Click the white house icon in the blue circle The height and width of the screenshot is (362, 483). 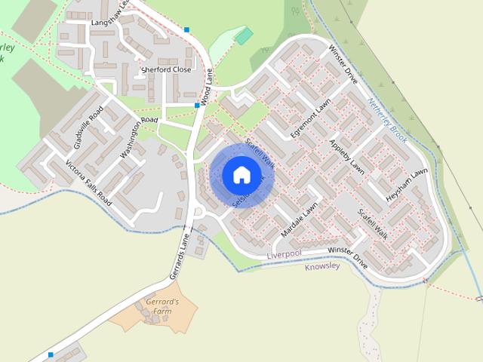(x=241, y=175)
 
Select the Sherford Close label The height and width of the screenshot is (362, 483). (x=166, y=69)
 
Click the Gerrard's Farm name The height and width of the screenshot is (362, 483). (x=160, y=305)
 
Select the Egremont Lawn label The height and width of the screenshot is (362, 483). (x=311, y=118)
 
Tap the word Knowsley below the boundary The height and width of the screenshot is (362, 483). (x=322, y=266)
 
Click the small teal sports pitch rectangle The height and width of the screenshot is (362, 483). (x=243, y=36)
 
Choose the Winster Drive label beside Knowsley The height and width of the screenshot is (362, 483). (x=348, y=258)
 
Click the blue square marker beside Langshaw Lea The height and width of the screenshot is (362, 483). (x=186, y=30)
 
